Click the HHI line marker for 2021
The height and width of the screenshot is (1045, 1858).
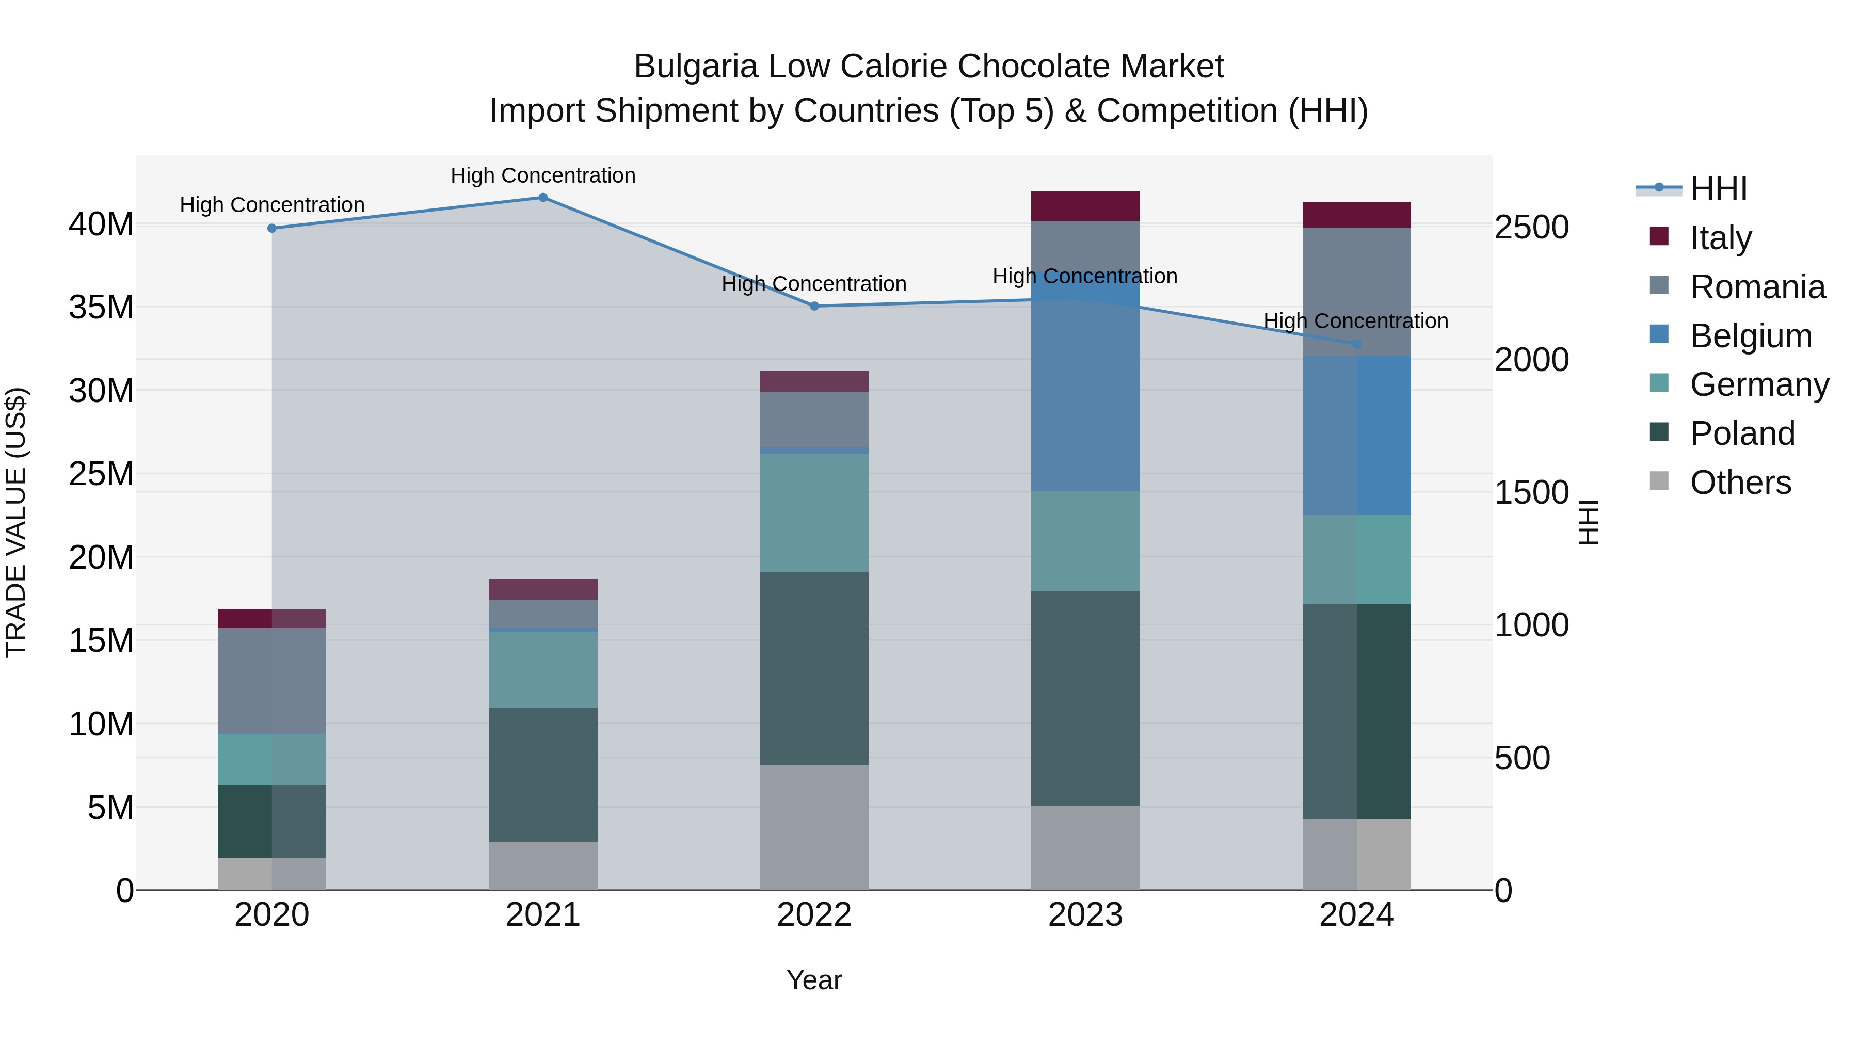click(543, 198)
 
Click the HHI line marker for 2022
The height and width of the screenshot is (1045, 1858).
click(814, 306)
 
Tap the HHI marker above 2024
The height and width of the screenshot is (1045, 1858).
click(1357, 344)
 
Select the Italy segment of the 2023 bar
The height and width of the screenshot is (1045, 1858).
click(1085, 206)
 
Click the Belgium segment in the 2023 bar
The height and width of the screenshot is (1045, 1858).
click(1085, 390)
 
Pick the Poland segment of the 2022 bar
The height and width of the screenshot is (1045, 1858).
click(814, 668)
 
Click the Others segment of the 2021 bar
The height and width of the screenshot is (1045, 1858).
click(543, 865)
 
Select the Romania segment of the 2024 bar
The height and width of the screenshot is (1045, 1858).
click(1357, 292)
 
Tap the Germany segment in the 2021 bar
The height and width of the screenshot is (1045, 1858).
click(543, 670)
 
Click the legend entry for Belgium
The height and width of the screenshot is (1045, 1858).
click(1751, 336)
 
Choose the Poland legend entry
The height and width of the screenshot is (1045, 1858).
click(1742, 433)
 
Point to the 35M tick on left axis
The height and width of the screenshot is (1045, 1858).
click(101, 307)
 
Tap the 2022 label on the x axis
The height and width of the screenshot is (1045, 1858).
click(814, 915)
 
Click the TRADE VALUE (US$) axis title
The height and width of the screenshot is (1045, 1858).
click(16, 522)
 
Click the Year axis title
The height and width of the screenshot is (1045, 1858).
click(814, 980)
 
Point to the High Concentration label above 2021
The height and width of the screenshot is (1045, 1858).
click(543, 175)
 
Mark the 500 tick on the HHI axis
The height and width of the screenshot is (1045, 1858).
click(1522, 758)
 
